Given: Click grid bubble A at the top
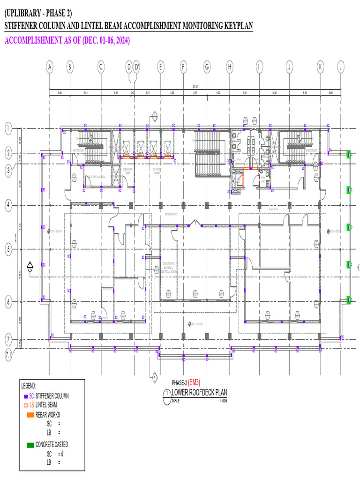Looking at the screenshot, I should click(50, 67).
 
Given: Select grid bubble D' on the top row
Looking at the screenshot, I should click(137, 67).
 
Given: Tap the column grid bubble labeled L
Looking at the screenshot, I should click(340, 67).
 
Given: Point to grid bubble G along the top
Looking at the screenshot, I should click(206, 67).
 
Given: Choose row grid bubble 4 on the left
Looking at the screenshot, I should click(8, 205).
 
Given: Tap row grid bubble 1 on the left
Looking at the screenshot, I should click(8, 128).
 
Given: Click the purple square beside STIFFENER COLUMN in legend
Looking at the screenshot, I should click(25, 396).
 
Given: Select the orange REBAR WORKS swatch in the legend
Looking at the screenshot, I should click(30, 415).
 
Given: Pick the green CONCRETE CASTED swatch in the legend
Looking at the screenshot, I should click(30, 444).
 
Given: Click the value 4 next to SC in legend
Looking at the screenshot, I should click(62, 454).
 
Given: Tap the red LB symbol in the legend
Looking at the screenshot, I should click(26, 405).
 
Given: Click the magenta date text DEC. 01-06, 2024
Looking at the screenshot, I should click(106, 41).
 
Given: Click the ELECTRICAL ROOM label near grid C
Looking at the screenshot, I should click(96, 177).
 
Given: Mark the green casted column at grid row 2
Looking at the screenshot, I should click(348, 155).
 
